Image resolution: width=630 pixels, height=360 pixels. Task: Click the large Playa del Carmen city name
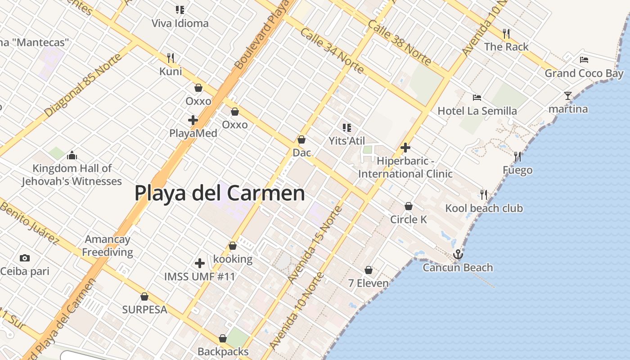(220, 193)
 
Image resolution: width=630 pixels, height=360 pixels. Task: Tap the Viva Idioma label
(180, 23)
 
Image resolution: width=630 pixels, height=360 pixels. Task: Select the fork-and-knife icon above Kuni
(171, 58)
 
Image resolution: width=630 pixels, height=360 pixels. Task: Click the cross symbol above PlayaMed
(193, 120)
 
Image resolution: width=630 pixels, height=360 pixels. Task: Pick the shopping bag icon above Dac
(301, 140)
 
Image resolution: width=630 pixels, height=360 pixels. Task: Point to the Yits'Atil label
(346, 141)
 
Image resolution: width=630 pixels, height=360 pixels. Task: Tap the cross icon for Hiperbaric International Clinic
(405, 148)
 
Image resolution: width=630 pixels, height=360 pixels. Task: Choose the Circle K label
(409, 220)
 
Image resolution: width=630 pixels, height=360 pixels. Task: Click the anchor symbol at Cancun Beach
(458, 255)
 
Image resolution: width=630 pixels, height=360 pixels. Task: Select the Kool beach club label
(484, 208)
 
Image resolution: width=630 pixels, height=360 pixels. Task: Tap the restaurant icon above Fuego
(517, 157)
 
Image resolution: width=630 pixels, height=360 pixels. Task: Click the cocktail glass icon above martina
(568, 96)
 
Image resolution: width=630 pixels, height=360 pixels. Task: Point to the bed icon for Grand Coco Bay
(584, 59)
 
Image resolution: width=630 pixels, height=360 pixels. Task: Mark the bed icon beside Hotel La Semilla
(477, 97)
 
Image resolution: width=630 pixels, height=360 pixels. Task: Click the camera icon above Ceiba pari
(25, 258)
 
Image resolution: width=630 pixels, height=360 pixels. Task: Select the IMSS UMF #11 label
(200, 276)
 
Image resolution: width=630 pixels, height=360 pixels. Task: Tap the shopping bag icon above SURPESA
(144, 297)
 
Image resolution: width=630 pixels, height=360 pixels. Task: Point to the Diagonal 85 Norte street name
(83, 85)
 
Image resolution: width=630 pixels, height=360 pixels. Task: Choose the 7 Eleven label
(369, 283)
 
